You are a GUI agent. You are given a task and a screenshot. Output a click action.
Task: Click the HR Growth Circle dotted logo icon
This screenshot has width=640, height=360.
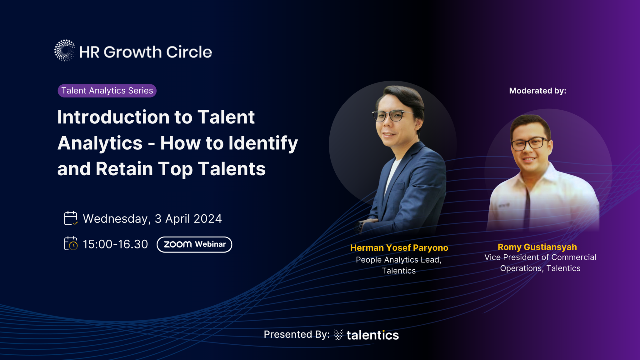65,50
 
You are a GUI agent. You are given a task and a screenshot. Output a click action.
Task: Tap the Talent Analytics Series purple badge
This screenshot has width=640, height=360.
107,91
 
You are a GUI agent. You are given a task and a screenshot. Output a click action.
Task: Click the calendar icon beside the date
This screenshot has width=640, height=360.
71,218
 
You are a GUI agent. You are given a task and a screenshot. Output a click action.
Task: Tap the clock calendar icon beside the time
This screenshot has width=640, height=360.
71,244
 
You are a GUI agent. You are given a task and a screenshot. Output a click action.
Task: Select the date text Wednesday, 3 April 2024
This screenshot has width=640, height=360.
152,219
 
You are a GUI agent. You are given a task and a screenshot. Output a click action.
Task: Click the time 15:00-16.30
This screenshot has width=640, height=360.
115,244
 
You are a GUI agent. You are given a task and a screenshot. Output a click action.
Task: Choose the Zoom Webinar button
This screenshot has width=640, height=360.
194,244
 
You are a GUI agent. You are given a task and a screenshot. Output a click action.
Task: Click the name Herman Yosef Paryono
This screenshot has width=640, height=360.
399,248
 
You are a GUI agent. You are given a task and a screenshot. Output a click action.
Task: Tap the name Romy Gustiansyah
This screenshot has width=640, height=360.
537,247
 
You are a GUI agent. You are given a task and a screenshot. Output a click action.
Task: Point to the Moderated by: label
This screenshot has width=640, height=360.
537,91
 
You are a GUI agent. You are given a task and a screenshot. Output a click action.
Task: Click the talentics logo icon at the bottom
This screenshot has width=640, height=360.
339,334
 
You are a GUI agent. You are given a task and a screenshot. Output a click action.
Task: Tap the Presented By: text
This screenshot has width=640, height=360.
297,334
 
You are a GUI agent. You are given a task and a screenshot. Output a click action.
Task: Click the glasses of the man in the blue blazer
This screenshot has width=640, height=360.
391,115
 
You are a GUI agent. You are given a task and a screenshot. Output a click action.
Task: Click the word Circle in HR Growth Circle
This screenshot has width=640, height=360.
189,52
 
